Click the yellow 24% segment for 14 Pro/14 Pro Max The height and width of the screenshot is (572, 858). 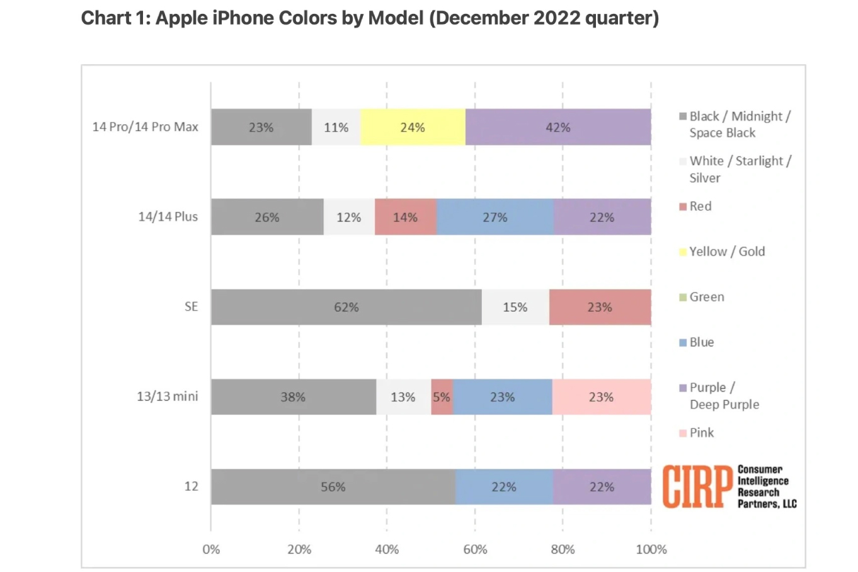point(413,127)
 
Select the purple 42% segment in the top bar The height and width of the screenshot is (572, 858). point(558,127)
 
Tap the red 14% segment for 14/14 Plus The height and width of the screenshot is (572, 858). point(405,217)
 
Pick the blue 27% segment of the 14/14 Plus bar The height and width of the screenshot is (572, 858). point(495,217)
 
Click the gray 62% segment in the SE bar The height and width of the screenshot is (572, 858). point(346,307)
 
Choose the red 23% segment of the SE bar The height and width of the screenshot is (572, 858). point(600,307)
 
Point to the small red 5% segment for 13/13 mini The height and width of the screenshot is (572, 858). point(442,398)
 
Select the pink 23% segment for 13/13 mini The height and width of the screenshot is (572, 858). point(601,398)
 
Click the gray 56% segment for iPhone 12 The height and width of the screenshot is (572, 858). point(333,487)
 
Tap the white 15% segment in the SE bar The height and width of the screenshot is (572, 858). point(515,307)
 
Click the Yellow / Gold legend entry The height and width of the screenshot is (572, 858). point(726,252)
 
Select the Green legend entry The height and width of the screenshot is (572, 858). point(706,297)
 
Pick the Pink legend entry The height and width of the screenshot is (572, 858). point(701,433)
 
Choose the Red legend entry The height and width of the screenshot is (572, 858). point(700,207)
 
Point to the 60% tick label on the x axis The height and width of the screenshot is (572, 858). point(475,549)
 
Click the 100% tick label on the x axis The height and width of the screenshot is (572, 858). point(651,549)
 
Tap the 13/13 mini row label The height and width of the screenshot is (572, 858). point(167,397)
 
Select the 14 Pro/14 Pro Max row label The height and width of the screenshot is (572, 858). point(145,127)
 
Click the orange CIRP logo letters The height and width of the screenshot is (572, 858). point(697,486)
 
